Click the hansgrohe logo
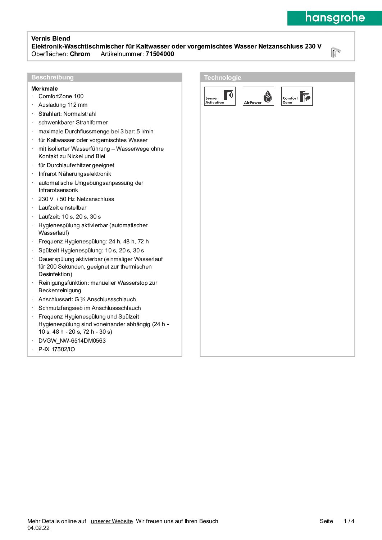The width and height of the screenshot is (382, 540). click(x=335, y=18)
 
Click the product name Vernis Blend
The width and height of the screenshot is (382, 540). click(x=51, y=38)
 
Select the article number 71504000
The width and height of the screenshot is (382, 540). click(x=160, y=54)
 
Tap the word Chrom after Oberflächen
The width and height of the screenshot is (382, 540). click(x=80, y=54)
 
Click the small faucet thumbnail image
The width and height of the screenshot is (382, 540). click(x=336, y=52)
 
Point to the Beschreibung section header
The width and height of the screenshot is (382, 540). click(x=53, y=77)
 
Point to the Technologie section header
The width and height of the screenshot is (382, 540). click(x=223, y=78)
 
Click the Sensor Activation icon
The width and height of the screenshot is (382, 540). click(x=220, y=96)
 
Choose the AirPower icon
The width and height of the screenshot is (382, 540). click(x=258, y=96)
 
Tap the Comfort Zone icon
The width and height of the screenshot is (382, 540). click(x=297, y=96)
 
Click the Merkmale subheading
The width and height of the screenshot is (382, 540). click(x=45, y=88)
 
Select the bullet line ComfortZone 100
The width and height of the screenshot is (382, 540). click(x=61, y=96)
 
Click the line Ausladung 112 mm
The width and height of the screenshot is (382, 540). click(x=63, y=105)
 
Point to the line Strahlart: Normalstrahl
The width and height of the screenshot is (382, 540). click(x=67, y=114)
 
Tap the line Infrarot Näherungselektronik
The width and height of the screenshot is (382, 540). click(x=75, y=174)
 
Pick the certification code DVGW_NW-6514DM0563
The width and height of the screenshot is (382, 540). click(x=72, y=340)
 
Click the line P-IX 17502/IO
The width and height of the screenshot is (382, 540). click(x=57, y=349)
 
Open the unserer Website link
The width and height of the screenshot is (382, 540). click(x=112, y=521)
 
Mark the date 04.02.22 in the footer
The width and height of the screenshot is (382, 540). click(x=38, y=528)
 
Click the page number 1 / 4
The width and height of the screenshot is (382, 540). click(x=349, y=521)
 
